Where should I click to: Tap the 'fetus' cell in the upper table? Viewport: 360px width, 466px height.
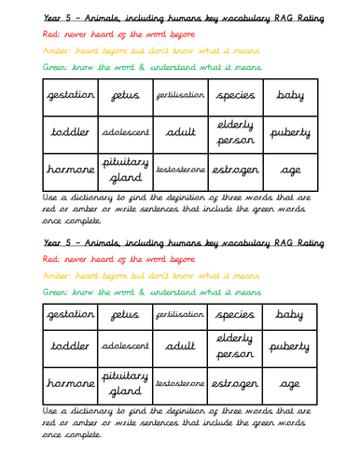pos(125,96)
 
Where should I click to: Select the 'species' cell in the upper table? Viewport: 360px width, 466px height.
pos(235,96)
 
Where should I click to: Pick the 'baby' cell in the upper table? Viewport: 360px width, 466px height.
pos(289,96)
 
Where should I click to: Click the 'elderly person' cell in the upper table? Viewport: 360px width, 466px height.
pos(235,133)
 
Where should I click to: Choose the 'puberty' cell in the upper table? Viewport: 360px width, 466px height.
pos(289,133)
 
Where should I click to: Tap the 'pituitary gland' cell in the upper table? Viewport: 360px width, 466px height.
pos(125,171)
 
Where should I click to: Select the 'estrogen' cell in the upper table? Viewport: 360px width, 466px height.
pos(235,171)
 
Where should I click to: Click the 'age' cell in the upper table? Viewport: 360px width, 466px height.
pos(289,171)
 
